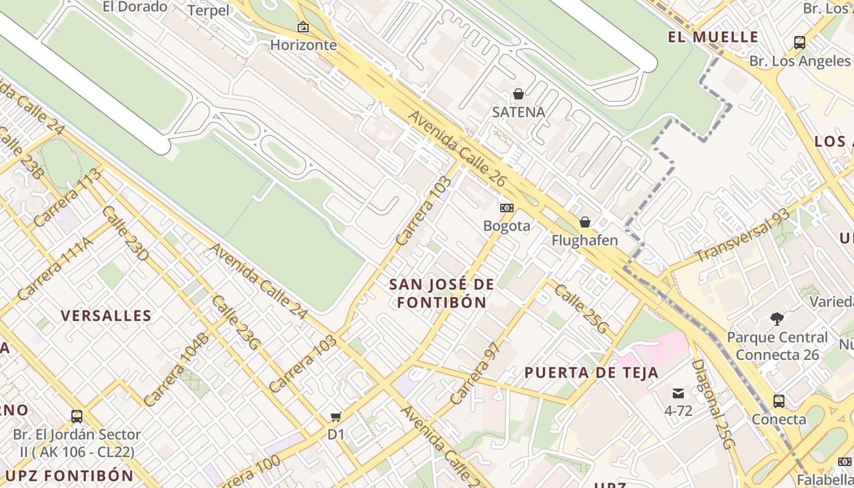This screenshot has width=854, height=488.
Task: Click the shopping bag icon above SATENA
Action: pos(518,94)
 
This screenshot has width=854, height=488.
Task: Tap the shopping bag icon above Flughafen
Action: pos(585,222)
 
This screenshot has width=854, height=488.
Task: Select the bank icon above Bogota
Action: pos(507,208)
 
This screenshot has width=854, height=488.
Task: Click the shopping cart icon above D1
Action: pos(335,417)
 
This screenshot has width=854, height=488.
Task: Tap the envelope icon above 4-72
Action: pos(678,393)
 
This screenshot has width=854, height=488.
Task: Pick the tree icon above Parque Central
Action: pos(777,318)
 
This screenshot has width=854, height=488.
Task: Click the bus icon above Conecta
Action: pos(779,401)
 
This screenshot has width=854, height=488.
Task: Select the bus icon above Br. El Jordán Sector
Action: pos(77,417)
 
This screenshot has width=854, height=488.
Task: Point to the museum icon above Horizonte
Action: pos(303,27)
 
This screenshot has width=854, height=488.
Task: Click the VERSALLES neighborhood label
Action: pos(106,315)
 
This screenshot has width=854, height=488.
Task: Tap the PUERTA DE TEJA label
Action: pos(592,373)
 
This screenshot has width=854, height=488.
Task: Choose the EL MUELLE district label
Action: pos(713,37)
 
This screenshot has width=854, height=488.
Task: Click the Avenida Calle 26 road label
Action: pos(457,148)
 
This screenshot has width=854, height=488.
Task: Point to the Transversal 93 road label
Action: pos(742,234)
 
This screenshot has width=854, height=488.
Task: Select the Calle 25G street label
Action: pos(582,309)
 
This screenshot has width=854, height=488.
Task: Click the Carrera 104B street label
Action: pos(176,370)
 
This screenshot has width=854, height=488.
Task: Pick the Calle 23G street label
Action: pos(236,323)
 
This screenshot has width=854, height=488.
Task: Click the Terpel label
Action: pos(209,10)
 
